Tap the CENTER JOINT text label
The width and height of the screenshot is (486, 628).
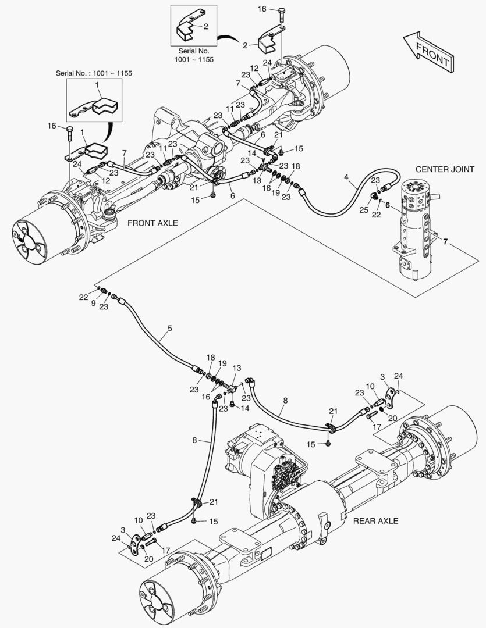coord(444,169)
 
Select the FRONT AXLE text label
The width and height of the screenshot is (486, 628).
coord(152,223)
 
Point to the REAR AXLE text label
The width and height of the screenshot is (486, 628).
coord(375,520)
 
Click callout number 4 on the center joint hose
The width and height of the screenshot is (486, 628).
coord(347,176)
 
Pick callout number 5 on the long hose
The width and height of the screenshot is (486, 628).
coord(169,329)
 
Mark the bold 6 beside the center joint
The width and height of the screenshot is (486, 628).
coord(386,205)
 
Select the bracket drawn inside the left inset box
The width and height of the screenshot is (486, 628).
coord(97,106)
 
